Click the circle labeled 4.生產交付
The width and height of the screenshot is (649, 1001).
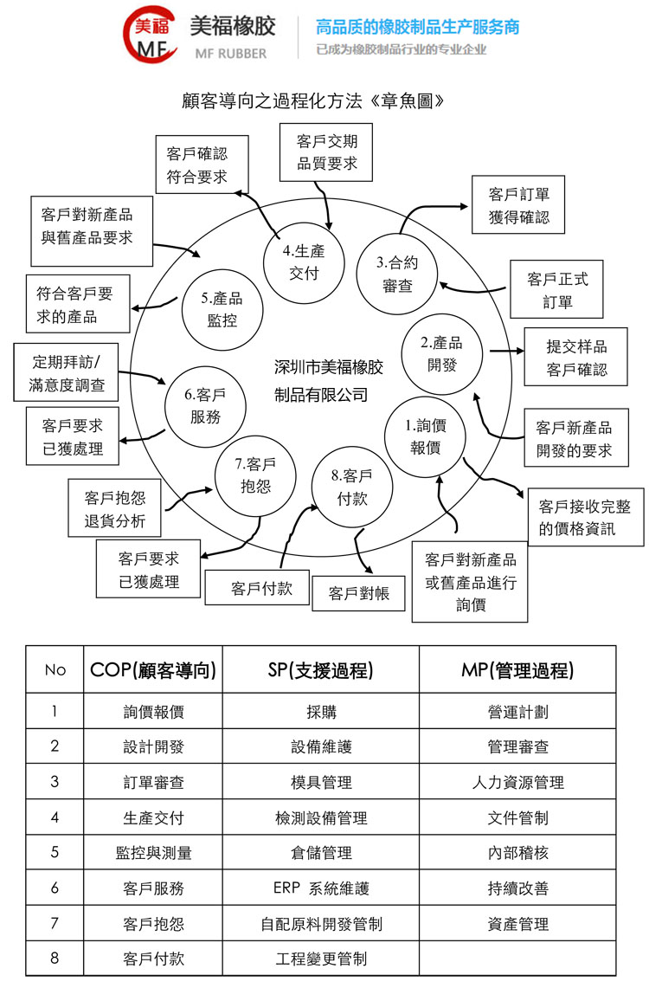point(304,262)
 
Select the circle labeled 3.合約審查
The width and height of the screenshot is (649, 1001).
point(397,274)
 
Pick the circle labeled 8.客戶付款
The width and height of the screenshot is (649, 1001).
point(351,487)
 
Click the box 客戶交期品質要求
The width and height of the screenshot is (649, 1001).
point(326,152)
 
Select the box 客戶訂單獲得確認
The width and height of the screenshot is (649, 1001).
point(518,204)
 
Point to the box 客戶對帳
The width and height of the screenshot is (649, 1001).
point(358,594)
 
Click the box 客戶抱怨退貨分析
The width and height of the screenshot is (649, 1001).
point(114,509)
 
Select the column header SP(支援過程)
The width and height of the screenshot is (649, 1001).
point(321,669)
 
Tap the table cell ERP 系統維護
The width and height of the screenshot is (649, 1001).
point(321,888)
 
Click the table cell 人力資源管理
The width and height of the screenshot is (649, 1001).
point(517,782)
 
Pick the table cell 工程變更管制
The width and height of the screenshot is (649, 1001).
point(321,959)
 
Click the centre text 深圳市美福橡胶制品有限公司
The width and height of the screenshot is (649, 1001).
point(327,381)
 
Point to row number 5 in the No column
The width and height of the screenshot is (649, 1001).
point(55,852)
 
